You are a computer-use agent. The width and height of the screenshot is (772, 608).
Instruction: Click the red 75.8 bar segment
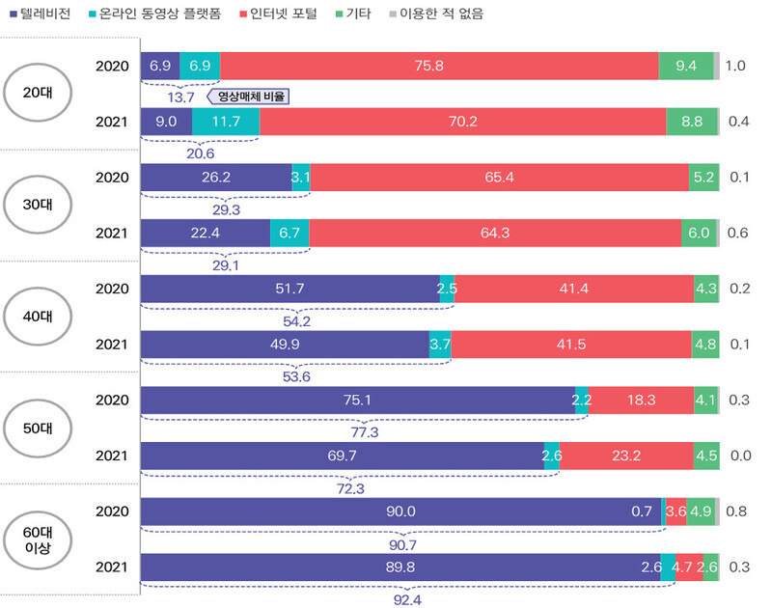coord(439,66)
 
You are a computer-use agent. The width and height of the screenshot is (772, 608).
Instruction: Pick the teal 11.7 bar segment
coord(225,122)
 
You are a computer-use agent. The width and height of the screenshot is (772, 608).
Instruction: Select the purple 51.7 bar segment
coord(289,289)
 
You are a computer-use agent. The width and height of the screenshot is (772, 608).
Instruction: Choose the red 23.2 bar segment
coord(625,456)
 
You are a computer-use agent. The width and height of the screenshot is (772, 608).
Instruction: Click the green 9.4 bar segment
coord(686,66)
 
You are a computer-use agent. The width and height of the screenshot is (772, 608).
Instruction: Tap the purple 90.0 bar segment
coord(400,511)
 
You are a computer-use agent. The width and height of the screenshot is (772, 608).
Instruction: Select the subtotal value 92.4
coord(406,599)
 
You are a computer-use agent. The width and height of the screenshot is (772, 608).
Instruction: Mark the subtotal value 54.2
coord(297,320)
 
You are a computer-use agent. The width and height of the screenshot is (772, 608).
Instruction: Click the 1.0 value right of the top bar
coord(736,66)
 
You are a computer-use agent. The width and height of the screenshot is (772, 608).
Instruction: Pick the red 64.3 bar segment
coord(499,233)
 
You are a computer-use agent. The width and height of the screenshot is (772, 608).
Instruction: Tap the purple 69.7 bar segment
coord(342,456)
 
